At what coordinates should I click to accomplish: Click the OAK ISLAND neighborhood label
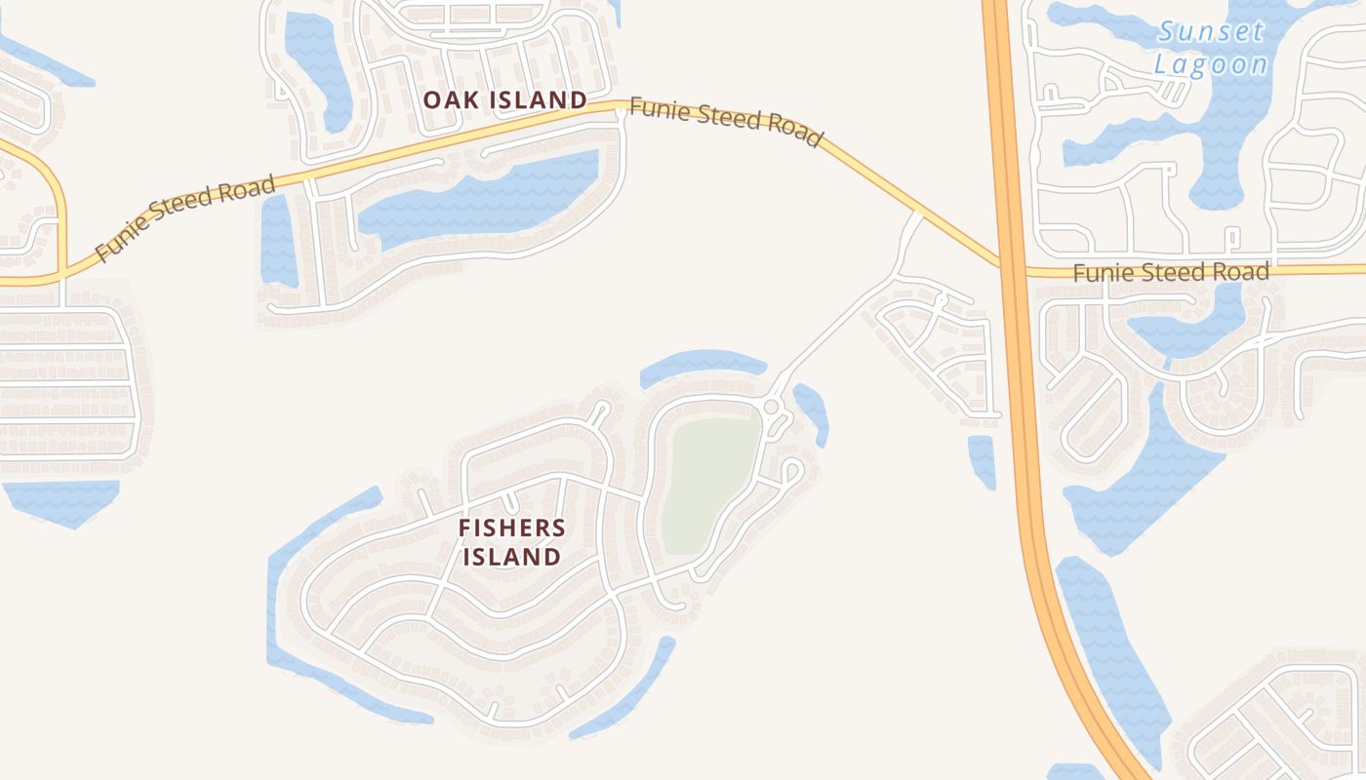coord(504,99)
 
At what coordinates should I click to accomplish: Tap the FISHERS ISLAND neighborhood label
coord(511,542)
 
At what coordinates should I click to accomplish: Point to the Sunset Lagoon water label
coord(1211,48)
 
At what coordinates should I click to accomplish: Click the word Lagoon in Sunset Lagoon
coord(1211,64)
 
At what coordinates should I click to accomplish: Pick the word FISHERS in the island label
coord(512,528)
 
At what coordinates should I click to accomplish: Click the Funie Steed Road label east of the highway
coord(1171,272)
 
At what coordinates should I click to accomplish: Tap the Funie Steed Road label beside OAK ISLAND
coord(724,121)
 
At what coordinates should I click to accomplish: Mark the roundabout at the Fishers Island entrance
coord(771,406)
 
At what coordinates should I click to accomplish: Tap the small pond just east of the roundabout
coord(813,411)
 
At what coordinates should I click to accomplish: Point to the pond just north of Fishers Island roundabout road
coord(703,365)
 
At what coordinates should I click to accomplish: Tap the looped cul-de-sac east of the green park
coord(790,472)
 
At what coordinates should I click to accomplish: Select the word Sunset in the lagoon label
coord(1211,31)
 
